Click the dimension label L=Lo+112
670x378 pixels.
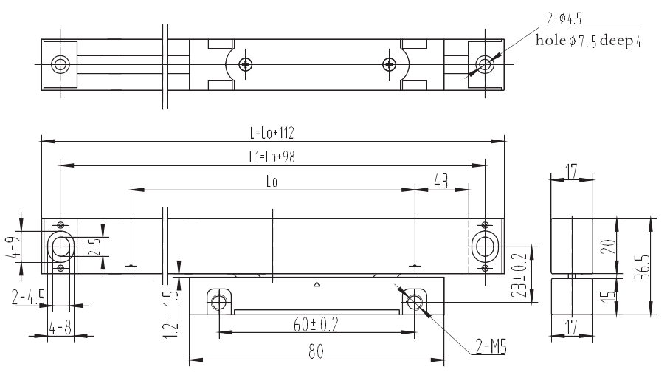(x=272, y=134)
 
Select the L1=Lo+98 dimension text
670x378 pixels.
(x=272, y=157)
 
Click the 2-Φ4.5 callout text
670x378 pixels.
(x=559, y=19)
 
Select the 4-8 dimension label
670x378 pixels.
(x=61, y=327)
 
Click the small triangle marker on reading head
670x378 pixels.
(x=317, y=283)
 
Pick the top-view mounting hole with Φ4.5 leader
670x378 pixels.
(x=484, y=64)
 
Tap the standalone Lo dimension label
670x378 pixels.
(x=272, y=180)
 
